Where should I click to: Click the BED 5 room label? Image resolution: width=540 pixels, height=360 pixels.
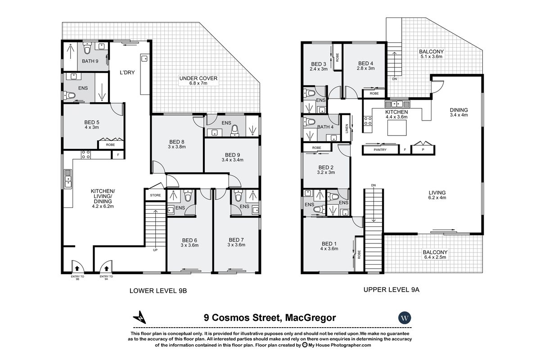91,122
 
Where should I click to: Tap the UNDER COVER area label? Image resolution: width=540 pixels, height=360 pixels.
198,78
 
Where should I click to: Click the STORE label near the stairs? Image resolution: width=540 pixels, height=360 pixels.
155,195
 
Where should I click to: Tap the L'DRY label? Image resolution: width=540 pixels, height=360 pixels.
127,72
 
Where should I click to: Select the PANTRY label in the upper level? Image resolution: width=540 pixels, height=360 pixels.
380,149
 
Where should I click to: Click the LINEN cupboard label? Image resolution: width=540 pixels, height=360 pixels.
346,128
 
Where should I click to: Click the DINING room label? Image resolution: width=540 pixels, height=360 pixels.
459,110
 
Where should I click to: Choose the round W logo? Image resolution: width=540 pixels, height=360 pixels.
405,317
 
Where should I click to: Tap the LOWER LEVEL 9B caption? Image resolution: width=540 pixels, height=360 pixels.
157,291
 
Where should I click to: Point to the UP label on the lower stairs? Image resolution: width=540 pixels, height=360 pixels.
156,250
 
